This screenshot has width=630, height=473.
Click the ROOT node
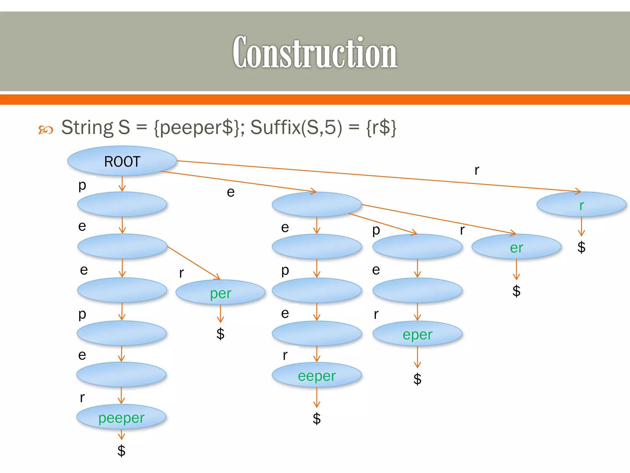[122, 161]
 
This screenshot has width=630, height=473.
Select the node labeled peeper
[121, 418]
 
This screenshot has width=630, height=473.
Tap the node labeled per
[220, 293]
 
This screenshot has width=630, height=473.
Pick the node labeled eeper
[317, 375]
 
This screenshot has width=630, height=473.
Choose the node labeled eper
[417, 334]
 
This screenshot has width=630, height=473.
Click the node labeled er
[516, 247]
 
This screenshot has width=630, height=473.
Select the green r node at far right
[581, 205]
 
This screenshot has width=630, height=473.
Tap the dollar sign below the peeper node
[121, 451]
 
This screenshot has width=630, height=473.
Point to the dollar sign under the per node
[220, 334]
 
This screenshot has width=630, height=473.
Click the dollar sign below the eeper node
[317, 418]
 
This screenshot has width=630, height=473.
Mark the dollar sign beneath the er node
[516, 290]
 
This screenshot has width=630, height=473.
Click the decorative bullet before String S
[46, 130]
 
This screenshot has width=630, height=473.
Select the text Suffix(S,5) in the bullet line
[296, 127]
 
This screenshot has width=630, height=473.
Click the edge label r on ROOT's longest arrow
[476, 170]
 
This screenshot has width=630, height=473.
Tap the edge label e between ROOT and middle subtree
[230, 192]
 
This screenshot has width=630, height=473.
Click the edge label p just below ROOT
[82, 185]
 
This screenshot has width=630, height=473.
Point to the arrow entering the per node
[194, 262]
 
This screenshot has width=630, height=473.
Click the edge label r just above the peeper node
[82, 398]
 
